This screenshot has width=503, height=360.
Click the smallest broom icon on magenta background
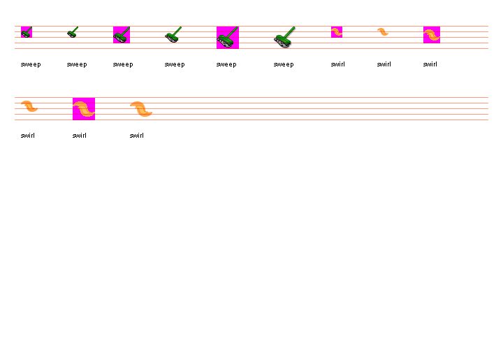pos(27,32)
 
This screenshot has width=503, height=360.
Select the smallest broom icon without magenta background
pos(73,32)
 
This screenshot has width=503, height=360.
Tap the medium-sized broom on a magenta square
pos(122,35)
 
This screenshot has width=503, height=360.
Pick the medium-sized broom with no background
pos(173,35)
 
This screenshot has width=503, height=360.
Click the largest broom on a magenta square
pos(228,38)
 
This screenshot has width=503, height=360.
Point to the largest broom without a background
pos(284,38)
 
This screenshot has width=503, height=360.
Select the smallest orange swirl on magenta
pos(337,32)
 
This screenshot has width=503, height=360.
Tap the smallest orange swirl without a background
pos(383,32)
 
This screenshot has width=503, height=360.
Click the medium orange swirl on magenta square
pos(432,35)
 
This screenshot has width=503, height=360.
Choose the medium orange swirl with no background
pos(29,106)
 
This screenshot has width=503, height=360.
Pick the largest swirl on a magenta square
pos(84,109)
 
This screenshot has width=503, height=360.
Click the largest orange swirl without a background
pos(141,109)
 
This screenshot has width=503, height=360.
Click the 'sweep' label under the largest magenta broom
pos(226,64)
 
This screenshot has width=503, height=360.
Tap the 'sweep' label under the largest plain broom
pos(284,64)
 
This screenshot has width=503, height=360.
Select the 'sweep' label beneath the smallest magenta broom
pos(31,64)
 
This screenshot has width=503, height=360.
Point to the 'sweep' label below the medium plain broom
pos(175,64)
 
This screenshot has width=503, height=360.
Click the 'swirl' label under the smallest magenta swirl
pos(338,64)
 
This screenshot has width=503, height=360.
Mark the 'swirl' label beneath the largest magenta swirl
pos(80,136)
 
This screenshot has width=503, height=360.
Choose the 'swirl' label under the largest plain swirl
pos(137,136)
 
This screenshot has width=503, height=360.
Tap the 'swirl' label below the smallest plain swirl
pos(384,64)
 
